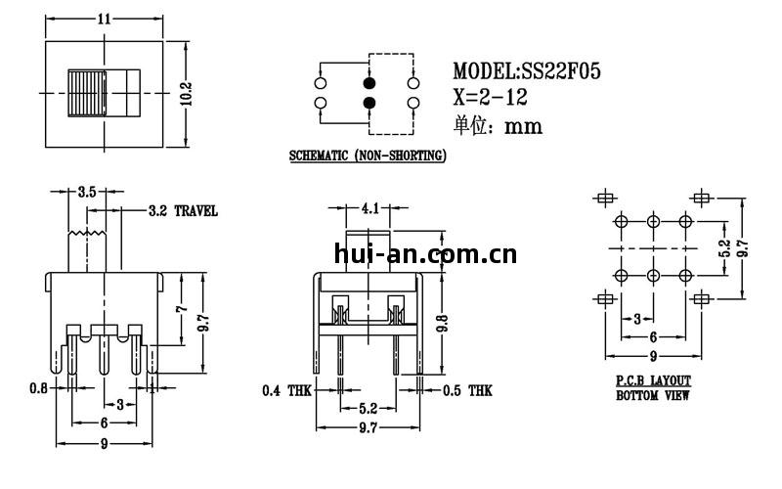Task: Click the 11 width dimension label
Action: [x=104, y=19]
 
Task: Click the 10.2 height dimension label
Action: [x=186, y=93]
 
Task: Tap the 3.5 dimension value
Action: [x=87, y=192]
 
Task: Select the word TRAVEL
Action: [x=196, y=211]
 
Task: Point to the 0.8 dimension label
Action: [x=39, y=387]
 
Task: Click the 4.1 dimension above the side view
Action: [x=369, y=208]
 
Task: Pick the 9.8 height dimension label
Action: [x=443, y=323]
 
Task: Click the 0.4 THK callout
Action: [x=286, y=390]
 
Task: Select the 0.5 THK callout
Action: [x=467, y=390]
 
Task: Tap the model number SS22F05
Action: [x=561, y=71]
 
